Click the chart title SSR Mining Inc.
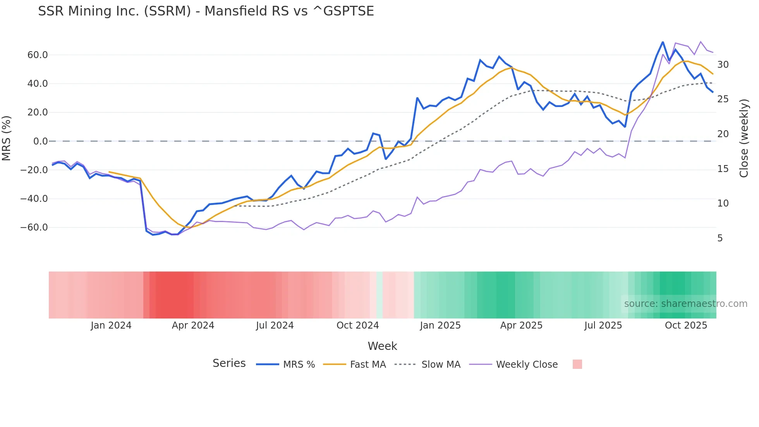click(x=206, y=11)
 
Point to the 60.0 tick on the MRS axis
click(x=38, y=55)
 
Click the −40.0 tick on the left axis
click(x=34, y=199)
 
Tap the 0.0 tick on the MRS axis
click(x=40, y=141)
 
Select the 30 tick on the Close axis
click(x=723, y=65)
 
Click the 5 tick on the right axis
click(x=720, y=238)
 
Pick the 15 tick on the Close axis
click(x=723, y=169)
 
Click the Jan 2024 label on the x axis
click(x=111, y=325)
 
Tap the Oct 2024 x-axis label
click(x=357, y=325)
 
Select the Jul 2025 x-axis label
click(x=603, y=325)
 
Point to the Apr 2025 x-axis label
click(x=521, y=325)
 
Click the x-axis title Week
click(x=382, y=346)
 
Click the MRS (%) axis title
click(x=7, y=138)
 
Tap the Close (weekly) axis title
click(x=744, y=138)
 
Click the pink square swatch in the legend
click(x=577, y=364)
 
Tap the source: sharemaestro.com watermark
click(x=685, y=304)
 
